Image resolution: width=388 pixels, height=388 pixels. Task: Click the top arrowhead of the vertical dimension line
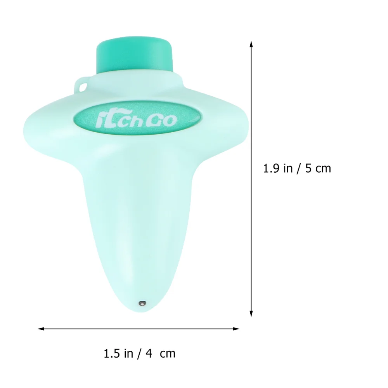point(251,43)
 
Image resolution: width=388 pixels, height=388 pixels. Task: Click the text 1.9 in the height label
point(270,168)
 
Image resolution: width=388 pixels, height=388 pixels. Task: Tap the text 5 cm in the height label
point(319,168)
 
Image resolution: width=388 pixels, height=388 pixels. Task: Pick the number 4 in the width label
point(149,353)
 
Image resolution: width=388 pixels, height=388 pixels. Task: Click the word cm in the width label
point(168,353)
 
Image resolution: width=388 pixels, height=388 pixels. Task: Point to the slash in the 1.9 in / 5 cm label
point(299,168)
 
